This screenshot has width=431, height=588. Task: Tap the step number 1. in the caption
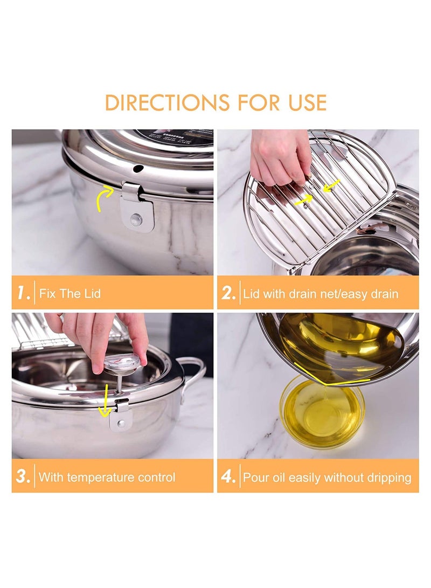tap(23, 294)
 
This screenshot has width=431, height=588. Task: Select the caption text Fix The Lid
tap(70, 294)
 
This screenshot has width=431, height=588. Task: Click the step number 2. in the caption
tap(228, 294)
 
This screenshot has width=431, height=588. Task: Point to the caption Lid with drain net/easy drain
tap(321, 294)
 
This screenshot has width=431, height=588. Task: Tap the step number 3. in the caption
tap(23, 476)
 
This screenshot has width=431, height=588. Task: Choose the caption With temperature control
tap(107, 477)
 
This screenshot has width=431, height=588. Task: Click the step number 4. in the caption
tap(228, 476)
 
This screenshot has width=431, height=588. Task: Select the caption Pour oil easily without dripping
tap(327, 477)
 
